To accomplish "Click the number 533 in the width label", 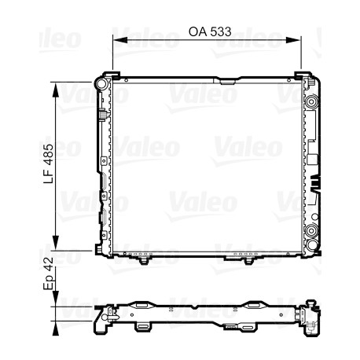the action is coord(221,31).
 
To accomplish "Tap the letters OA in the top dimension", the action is coord(198,31).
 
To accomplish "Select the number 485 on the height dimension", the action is coord(49,155).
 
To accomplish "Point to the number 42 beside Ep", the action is coord(48,264).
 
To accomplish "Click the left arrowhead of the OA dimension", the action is coord(120,40).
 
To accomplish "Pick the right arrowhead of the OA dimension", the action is coord(292,40).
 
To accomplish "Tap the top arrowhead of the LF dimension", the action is coord(55,90).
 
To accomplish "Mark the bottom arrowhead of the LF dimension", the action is coord(55,242).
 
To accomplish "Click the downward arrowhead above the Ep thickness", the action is coord(55,298).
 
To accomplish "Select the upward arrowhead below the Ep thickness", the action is coord(55,329).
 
